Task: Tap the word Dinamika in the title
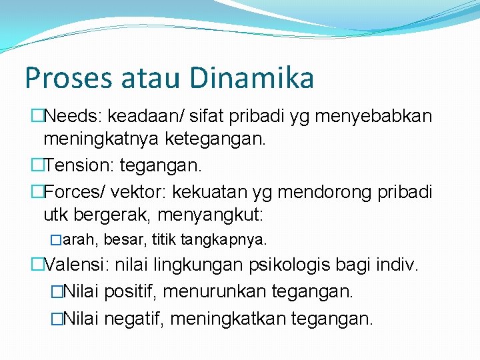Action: [x=251, y=78]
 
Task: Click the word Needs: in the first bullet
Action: [x=73, y=117]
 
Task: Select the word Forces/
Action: [x=73, y=193]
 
